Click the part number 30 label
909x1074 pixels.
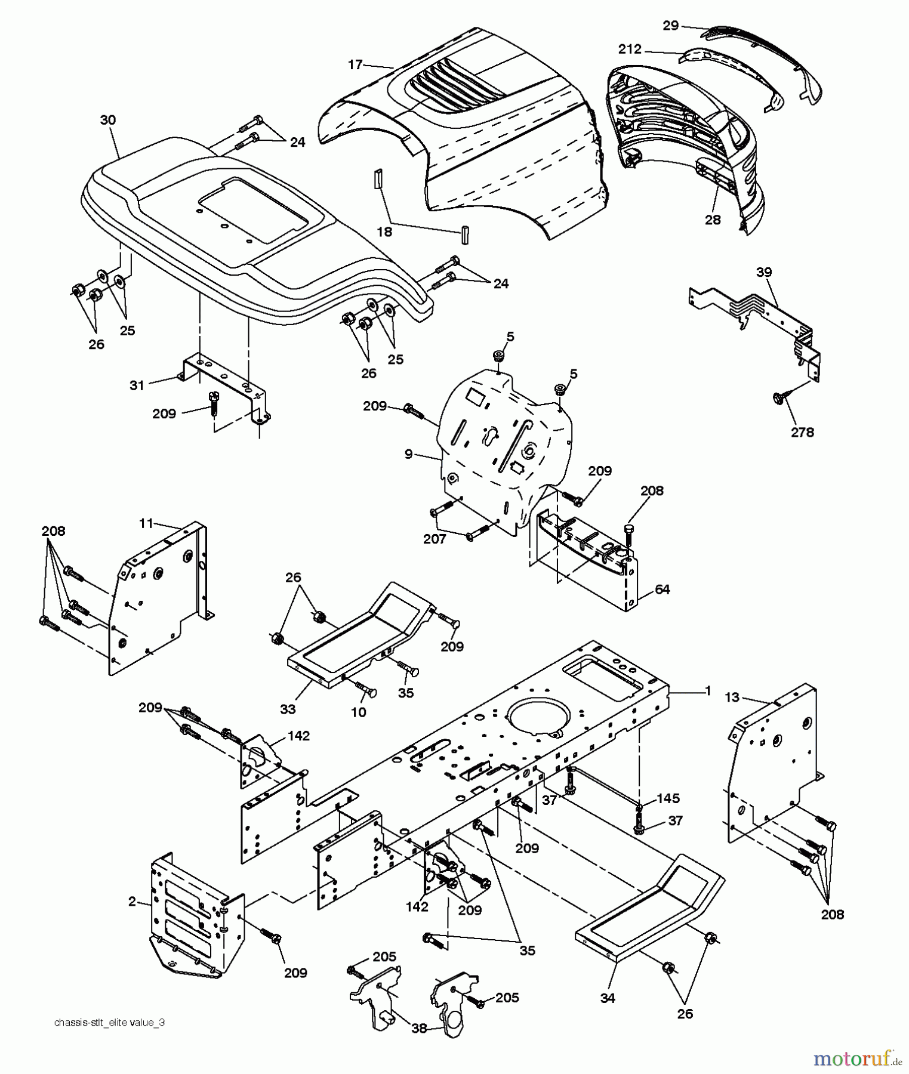[x=107, y=120]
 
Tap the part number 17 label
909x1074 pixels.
[x=355, y=64]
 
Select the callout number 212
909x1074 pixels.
[x=630, y=49]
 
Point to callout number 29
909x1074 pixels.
[x=671, y=26]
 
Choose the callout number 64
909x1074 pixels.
[x=662, y=590]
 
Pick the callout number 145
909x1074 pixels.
[x=668, y=798]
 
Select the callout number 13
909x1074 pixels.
[x=732, y=697]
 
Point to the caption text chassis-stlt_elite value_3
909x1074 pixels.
[x=109, y=1022]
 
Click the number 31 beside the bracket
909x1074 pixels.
[x=137, y=385]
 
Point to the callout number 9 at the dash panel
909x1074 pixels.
[x=408, y=455]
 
